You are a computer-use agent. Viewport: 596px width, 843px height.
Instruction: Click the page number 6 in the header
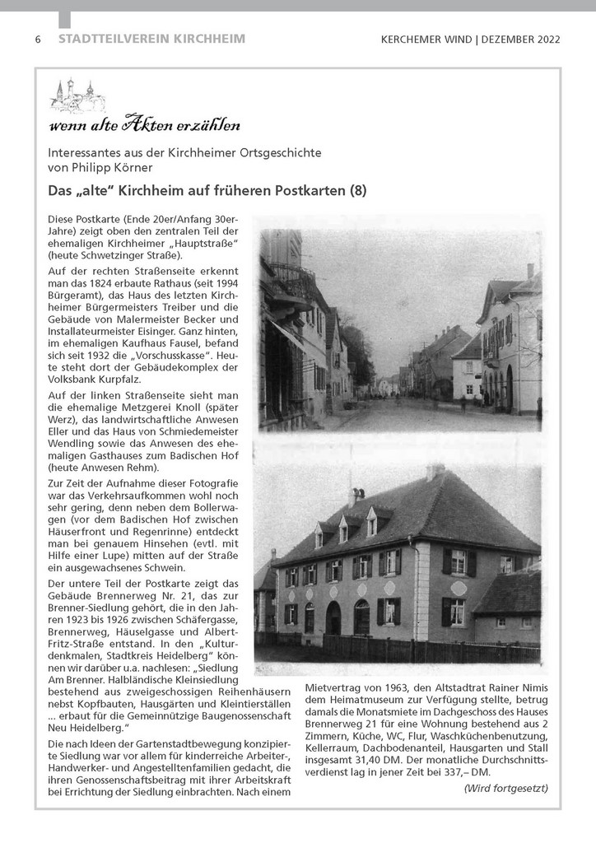pyautogui.click(x=38, y=40)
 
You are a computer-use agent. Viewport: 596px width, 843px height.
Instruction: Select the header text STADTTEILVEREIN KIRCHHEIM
pyautogui.click(x=151, y=40)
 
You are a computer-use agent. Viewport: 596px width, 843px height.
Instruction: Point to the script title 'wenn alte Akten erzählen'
pyautogui.click(x=144, y=126)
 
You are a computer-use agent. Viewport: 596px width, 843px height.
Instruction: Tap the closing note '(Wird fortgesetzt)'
pyautogui.click(x=505, y=788)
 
